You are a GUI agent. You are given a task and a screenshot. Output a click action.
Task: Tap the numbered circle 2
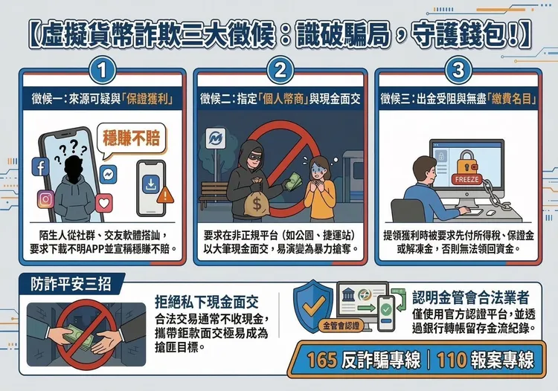click(279, 72)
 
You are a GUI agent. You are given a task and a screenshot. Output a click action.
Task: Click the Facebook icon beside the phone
click(39, 168)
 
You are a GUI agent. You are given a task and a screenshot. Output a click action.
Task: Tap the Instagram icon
click(45, 199)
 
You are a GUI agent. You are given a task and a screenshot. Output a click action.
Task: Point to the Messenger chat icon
click(109, 172)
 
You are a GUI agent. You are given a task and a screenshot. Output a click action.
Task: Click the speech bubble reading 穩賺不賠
click(130, 139)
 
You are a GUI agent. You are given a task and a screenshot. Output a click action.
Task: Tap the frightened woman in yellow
click(320, 186)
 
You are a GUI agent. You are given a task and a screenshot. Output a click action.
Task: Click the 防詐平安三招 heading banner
click(68, 284)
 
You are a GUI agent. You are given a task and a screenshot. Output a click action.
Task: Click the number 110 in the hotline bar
click(451, 361)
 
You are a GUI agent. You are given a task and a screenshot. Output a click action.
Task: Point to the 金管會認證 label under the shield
click(341, 326)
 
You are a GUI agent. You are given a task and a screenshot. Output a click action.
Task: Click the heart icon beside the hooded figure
click(103, 201)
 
